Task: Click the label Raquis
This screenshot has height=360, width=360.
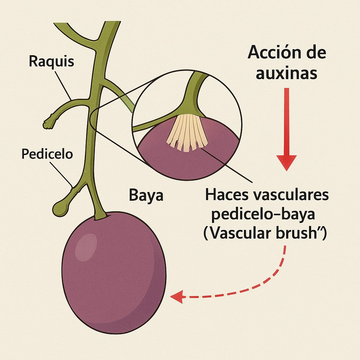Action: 51,61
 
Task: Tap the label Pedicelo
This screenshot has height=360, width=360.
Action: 47,154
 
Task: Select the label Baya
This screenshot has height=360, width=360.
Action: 146,195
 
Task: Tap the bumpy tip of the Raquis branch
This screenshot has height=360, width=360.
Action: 48,123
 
